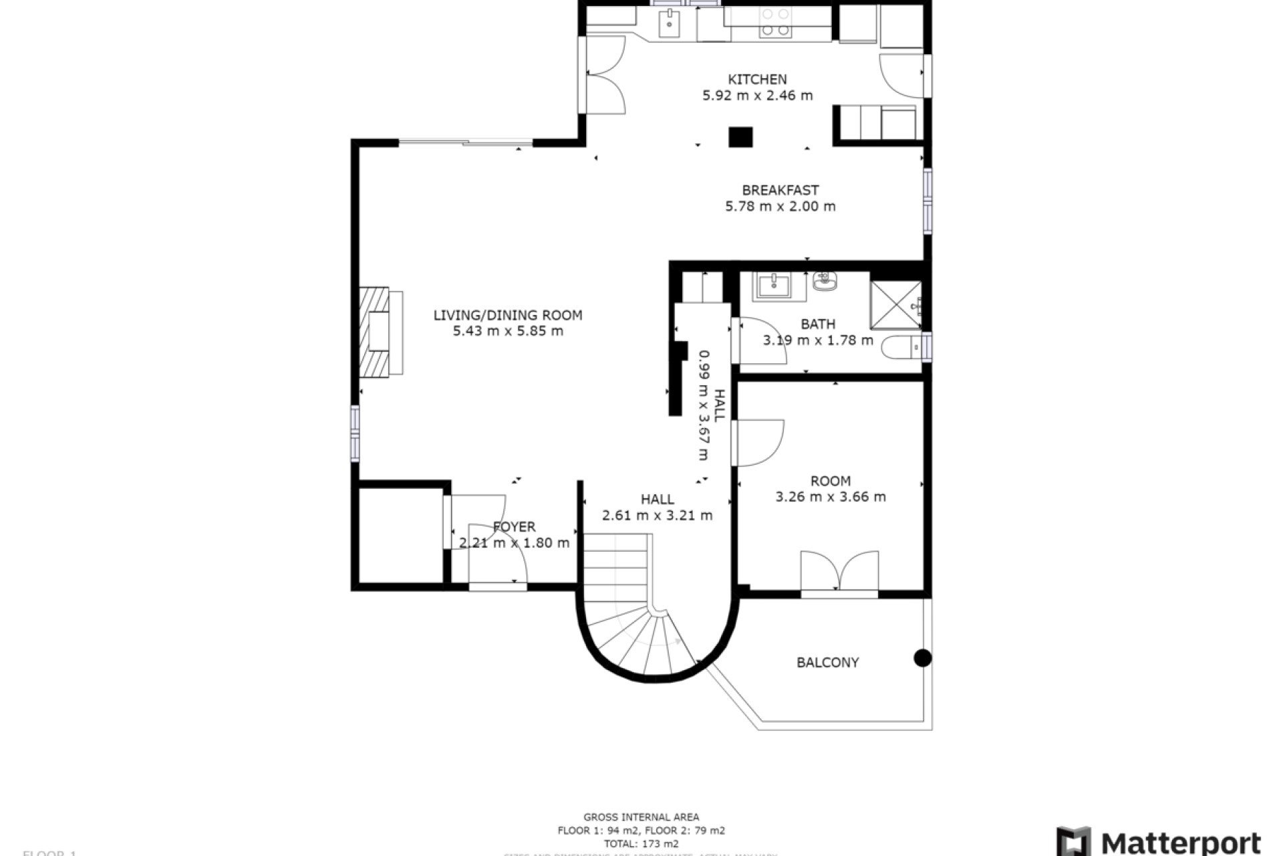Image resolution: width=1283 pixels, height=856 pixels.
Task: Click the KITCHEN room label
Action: tap(757, 79)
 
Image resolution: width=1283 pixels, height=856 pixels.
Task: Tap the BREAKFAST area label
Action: tap(780, 190)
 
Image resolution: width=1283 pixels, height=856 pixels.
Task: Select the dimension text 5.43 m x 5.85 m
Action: tap(508, 331)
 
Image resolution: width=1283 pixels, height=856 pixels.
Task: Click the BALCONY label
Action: tap(827, 662)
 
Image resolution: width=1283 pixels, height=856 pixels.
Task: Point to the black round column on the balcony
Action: tap(922, 658)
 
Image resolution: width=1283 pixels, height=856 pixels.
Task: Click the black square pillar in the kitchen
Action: tap(740, 137)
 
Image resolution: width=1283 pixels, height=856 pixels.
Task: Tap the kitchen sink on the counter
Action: tap(669, 24)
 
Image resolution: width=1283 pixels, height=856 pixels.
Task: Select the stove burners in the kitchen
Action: tap(775, 21)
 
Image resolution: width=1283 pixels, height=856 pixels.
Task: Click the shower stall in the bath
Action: tap(895, 305)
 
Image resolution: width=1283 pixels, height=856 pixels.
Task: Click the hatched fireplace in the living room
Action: tap(374, 332)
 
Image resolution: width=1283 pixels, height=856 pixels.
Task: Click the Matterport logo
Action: tap(1159, 841)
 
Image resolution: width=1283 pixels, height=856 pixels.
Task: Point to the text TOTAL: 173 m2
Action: tap(641, 844)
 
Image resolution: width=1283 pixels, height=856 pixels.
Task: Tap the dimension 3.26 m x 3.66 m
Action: tap(831, 497)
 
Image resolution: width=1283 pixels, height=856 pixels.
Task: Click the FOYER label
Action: tap(514, 527)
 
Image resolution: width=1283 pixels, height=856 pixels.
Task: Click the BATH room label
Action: tap(818, 324)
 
